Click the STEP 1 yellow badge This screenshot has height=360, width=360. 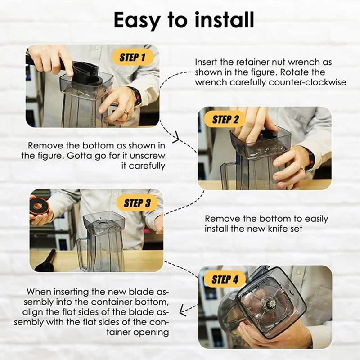[133, 58]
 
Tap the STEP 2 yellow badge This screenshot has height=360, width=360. [225, 120]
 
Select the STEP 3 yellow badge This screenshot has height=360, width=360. [137, 203]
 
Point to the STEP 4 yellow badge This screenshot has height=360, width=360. [225, 279]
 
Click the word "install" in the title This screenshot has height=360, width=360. [225, 20]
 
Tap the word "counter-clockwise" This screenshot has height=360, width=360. [307, 82]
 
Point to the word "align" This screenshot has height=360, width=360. [31, 312]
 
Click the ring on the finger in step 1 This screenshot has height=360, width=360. [127, 112]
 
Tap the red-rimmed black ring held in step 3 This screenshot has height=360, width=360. [39, 206]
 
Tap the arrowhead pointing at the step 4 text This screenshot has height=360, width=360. [183, 311]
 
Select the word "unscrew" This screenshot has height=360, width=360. [148, 156]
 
